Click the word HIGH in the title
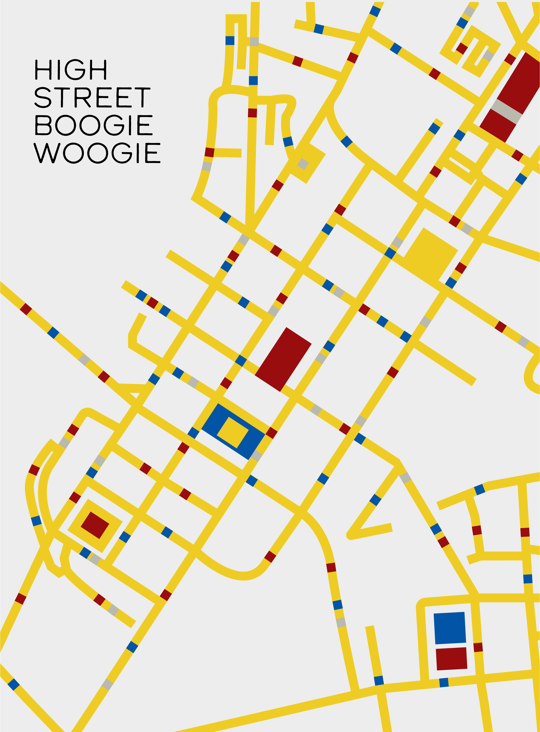coord(71,69)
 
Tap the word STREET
coord(92,97)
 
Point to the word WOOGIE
coord(97,153)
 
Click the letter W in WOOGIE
coord(47,153)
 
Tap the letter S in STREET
coord(43,97)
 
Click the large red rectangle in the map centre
coord(283,359)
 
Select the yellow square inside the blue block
coord(232,432)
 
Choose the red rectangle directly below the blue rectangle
coord(451,658)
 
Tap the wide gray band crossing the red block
coord(506,111)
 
